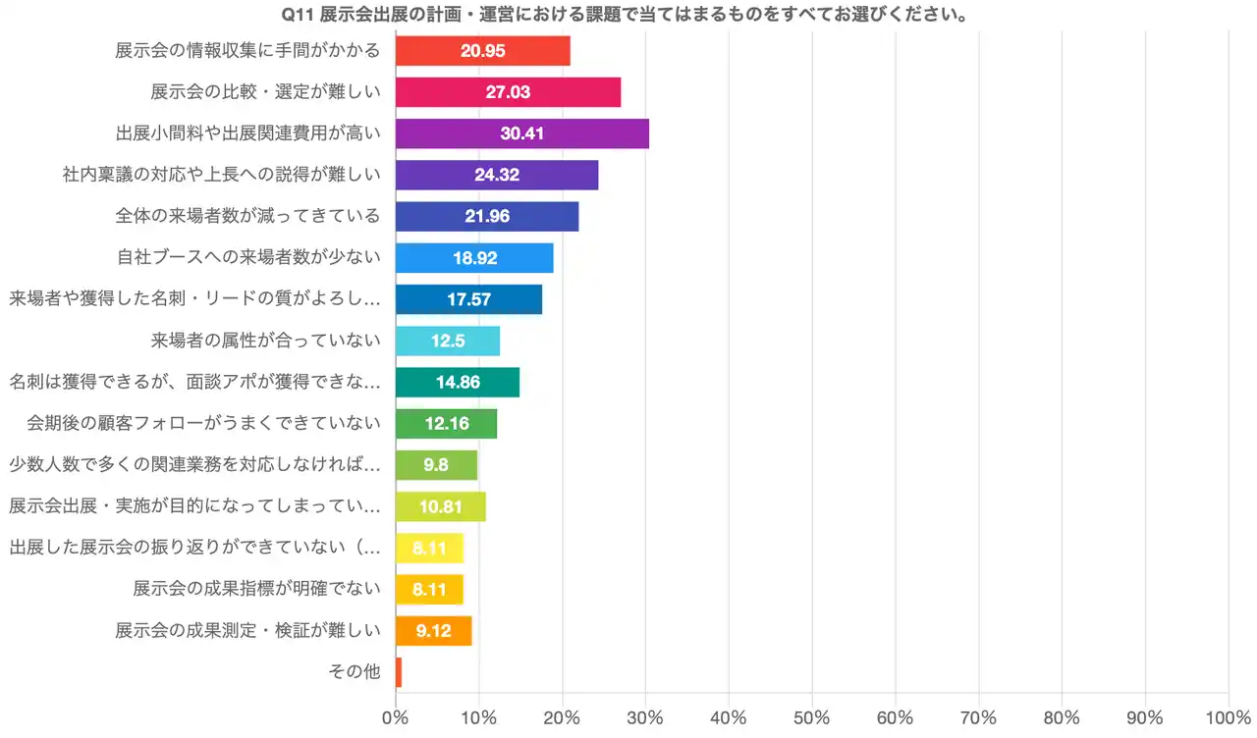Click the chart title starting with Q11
pyautogui.click(x=628, y=15)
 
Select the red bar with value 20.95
pyautogui.click(x=482, y=50)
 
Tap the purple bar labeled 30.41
pyautogui.click(x=521, y=132)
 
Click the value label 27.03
pyautogui.click(x=508, y=91)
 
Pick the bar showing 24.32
pyautogui.click(x=496, y=175)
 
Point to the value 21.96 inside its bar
pyautogui.click(x=487, y=216)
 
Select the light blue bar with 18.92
pyautogui.click(x=474, y=258)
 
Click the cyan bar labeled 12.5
pyautogui.click(x=447, y=341)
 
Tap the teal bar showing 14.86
pyautogui.click(x=457, y=382)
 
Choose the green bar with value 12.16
pyautogui.click(x=446, y=424)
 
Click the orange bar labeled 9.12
pyautogui.click(x=433, y=631)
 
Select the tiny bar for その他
pyautogui.click(x=399, y=672)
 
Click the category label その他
pyautogui.click(x=355, y=672)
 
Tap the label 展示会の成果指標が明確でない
pyautogui.click(x=256, y=589)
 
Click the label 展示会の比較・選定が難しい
pyautogui.click(x=265, y=91)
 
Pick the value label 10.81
pyautogui.click(x=440, y=506)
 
